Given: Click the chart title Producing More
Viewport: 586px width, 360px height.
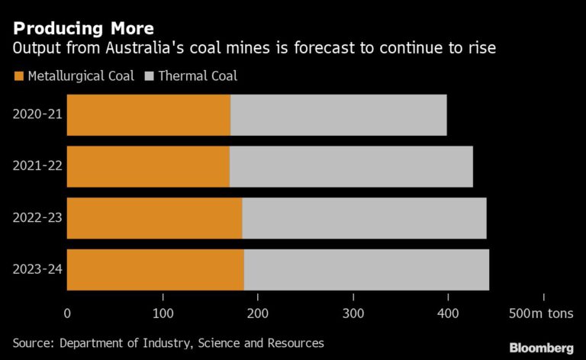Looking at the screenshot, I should [82, 29].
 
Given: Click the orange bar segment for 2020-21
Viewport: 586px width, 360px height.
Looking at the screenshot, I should [149, 115].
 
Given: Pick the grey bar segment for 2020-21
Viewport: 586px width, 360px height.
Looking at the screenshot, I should [338, 115].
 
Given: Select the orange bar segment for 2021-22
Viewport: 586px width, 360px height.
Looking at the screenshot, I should [148, 166].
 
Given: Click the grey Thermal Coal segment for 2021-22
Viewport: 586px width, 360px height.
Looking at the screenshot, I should [351, 166].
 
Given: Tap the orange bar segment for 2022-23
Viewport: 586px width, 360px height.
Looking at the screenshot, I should [154, 218].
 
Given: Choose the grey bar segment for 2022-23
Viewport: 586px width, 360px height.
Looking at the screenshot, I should [364, 218].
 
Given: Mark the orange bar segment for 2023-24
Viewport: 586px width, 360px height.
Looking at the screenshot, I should [156, 269].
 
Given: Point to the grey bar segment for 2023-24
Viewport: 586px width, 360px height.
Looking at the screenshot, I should [366, 269].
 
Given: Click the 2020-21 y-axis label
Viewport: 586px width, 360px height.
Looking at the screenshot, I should [37, 115].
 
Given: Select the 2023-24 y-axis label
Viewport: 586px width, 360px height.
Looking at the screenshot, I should [37, 269].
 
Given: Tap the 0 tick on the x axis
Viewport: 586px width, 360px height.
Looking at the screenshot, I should [67, 313].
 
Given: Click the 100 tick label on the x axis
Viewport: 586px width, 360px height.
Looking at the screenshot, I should [163, 313].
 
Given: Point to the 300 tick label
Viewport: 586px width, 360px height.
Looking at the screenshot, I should [353, 313].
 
